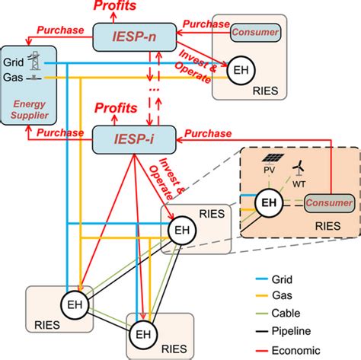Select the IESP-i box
126,139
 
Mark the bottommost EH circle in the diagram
142,333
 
